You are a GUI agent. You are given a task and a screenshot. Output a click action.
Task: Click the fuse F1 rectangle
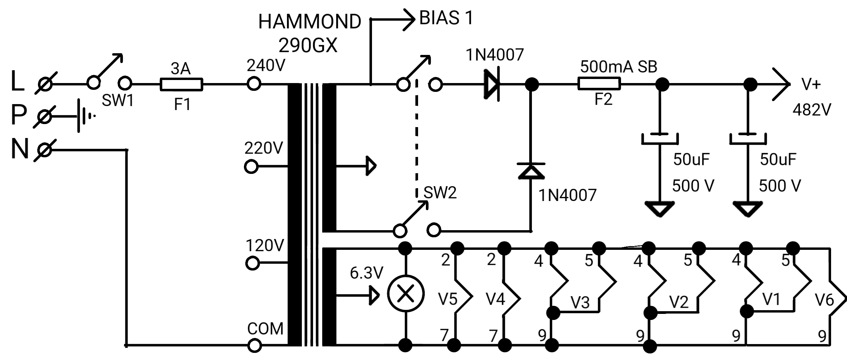181,84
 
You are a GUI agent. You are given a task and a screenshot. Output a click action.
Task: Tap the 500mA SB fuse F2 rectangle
599,84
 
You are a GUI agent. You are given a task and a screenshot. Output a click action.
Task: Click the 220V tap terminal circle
251,166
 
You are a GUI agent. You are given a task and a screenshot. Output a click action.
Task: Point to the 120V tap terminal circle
252,263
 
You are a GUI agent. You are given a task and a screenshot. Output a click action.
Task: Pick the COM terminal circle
254,346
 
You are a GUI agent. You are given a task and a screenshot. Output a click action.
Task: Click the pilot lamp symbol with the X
406,294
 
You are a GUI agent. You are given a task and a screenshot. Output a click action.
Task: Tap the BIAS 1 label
446,18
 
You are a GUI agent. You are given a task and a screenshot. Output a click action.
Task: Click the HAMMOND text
310,22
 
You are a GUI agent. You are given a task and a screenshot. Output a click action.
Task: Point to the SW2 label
440,193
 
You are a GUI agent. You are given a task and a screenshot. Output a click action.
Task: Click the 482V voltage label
812,109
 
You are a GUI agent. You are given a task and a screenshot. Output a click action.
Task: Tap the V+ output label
811,84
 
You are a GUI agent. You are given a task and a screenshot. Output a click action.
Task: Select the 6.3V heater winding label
367,273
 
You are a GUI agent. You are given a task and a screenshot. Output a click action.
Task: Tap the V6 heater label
824,300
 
